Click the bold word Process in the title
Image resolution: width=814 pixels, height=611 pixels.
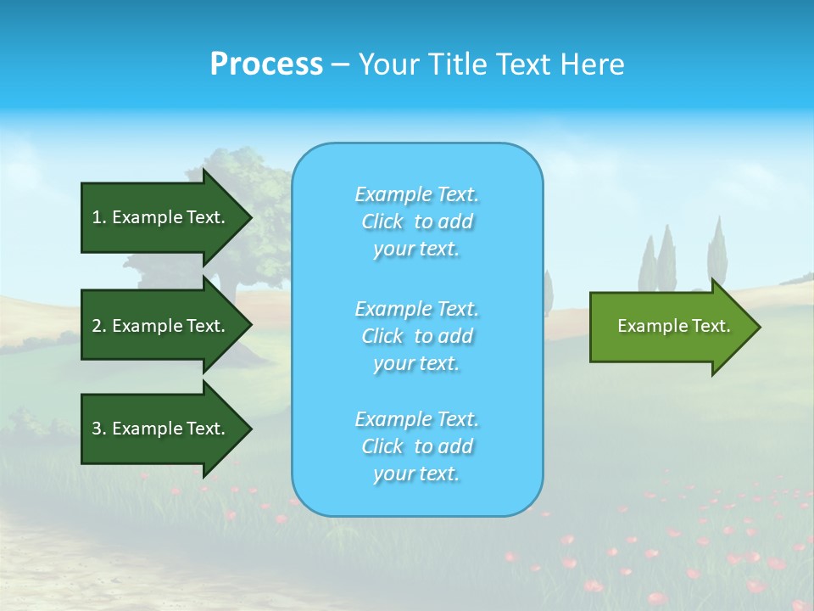coord(266,64)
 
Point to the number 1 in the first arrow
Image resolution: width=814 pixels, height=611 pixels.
coord(97,217)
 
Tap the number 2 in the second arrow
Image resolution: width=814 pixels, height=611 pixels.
coord(97,326)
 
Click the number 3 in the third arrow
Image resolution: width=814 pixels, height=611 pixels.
coord(97,429)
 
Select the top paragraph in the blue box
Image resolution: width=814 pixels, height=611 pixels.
coord(416,221)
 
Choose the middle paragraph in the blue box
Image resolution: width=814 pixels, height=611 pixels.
coord(416,335)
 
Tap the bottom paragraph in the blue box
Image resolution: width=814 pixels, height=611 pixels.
coord(416,446)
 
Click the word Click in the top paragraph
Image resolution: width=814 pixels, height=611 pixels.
coord(382,221)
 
